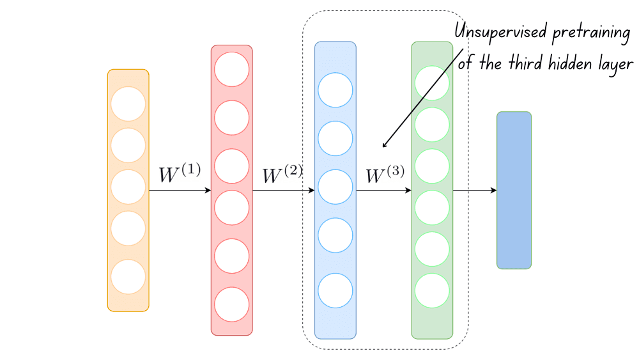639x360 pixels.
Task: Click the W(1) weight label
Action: tap(179, 174)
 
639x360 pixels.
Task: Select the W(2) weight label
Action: tap(282, 175)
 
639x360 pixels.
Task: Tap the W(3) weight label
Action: tap(385, 175)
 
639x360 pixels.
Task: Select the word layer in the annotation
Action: tap(615, 65)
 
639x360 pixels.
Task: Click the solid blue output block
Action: tap(514, 191)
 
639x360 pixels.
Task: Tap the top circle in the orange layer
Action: tap(128, 104)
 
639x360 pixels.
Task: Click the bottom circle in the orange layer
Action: tap(128, 278)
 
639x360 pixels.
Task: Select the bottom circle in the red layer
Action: tap(231, 304)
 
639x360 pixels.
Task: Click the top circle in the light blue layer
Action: tap(335, 90)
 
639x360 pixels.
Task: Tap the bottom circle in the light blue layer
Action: tap(335, 290)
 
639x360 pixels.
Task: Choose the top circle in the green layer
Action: tap(432, 83)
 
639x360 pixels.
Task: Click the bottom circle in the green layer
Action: tap(432, 290)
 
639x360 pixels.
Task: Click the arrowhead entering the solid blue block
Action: tap(493, 191)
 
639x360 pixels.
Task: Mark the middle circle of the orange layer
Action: tap(128, 187)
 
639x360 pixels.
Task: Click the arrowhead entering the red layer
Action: tap(208, 191)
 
